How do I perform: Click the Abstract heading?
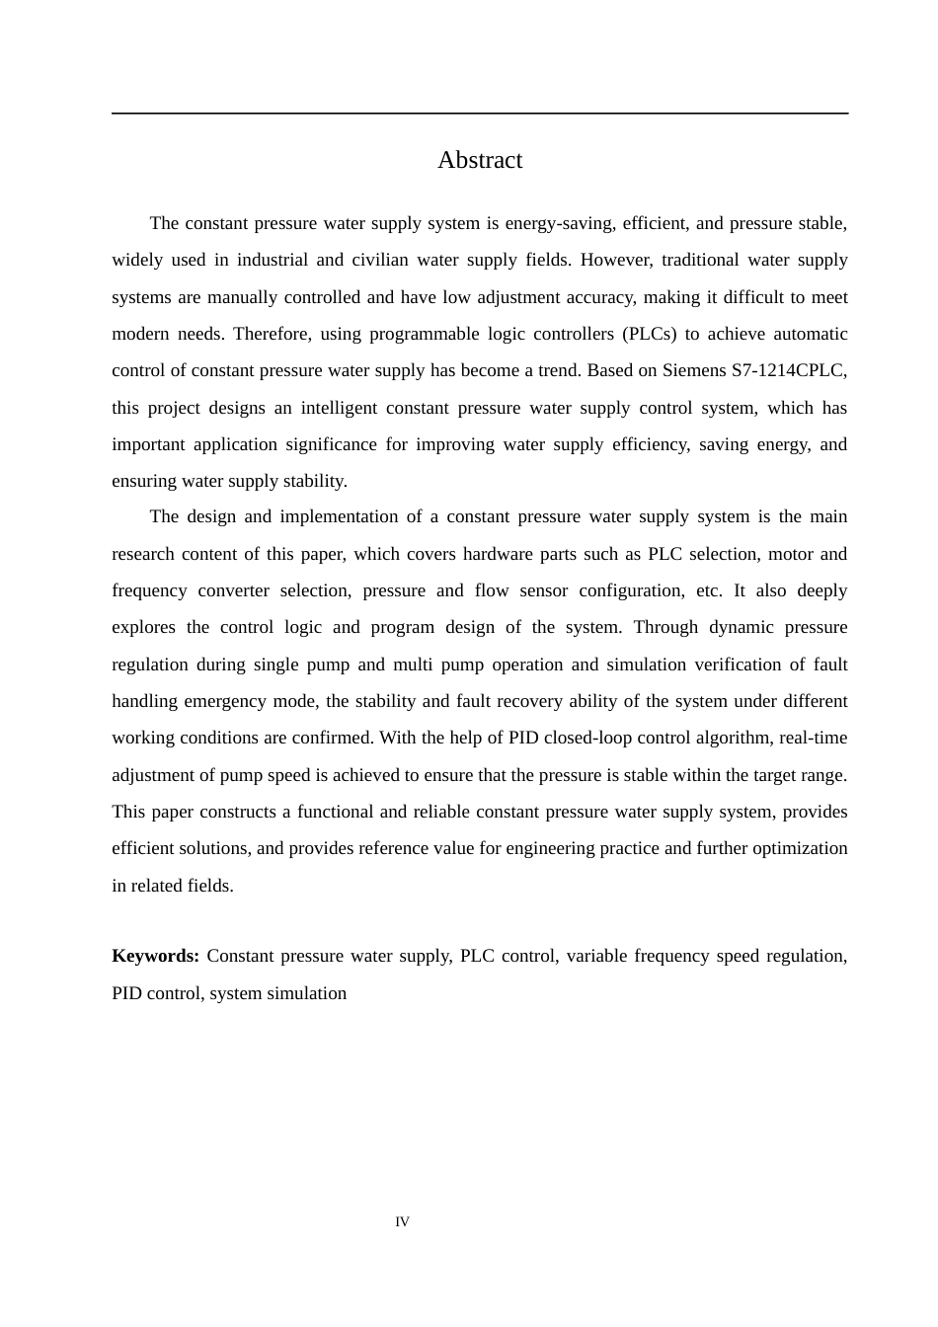point(480,160)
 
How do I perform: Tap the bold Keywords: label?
point(155,956)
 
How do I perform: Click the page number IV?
point(402,1222)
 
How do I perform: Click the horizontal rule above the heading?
point(480,114)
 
